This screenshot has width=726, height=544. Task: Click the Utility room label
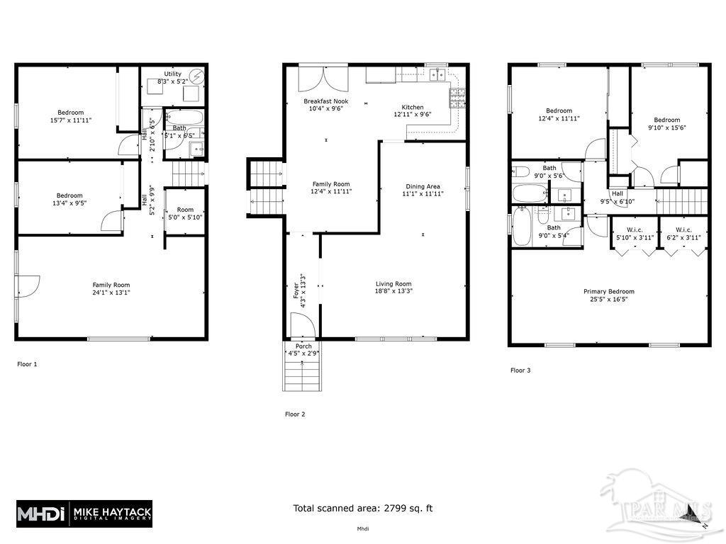[x=172, y=74]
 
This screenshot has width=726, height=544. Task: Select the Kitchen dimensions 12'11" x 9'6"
[x=412, y=114]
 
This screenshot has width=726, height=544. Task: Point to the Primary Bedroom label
[x=608, y=291]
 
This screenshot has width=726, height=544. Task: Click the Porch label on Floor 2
[x=303, y=346]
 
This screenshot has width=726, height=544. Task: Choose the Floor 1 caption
[x=27, y=364]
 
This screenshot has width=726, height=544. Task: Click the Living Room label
[x=393, y=284]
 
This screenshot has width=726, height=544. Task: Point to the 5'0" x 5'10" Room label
[x=185, y=210]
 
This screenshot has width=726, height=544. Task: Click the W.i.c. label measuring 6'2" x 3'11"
[x=683, y=229]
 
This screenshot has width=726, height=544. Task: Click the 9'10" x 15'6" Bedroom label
[x=666, y=120]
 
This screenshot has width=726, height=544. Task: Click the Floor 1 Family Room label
[x=111, y=285]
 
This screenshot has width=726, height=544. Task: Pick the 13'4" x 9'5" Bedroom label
[x=69, y=195]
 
